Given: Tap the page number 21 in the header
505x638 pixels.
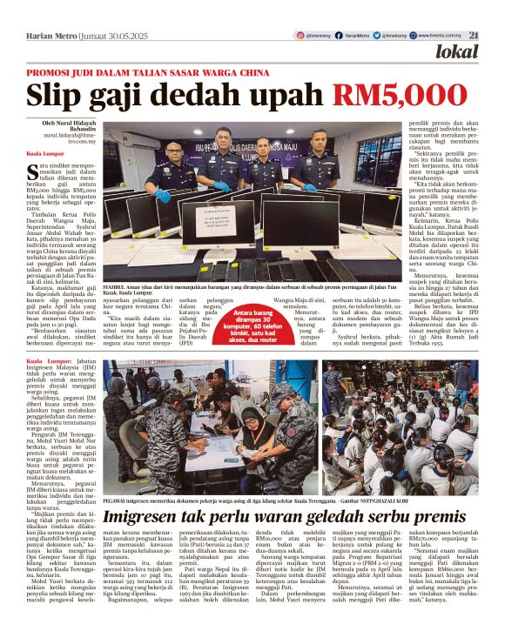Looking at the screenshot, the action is (x=474, y=35).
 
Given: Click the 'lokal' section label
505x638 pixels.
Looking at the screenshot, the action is (x=456, y=52).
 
